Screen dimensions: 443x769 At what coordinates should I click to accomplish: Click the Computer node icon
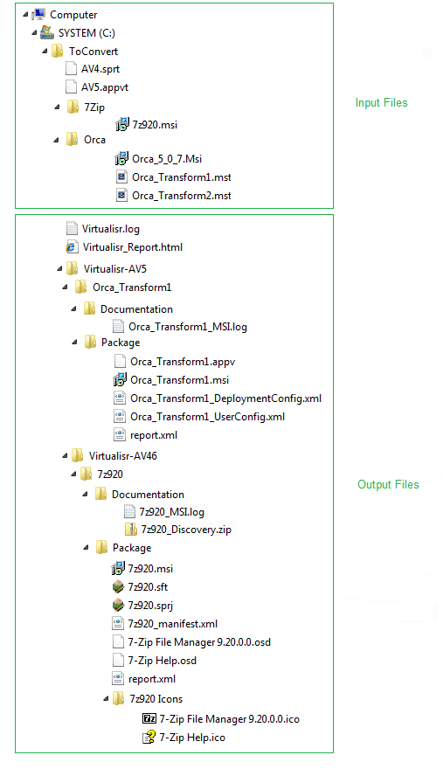click(38, 15)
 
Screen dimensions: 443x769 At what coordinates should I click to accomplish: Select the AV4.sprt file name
click(100, 69)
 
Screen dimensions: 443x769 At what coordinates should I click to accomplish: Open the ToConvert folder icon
click(58, 51)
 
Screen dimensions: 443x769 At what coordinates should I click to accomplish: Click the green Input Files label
click(381, 102)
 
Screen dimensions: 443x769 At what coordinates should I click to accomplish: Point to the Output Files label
click(388, 484)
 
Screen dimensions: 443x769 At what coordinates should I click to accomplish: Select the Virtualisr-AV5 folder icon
click(73, 268)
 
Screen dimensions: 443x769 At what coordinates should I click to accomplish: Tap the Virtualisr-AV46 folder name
click(122, 456)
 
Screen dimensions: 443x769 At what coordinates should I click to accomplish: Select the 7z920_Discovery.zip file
click(186, 530)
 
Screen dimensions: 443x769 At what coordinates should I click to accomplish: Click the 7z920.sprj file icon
click(118, 606)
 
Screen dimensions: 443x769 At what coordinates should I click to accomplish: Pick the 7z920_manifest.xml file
click(173, 624)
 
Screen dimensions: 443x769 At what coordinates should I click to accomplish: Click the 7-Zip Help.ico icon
click(149, 738)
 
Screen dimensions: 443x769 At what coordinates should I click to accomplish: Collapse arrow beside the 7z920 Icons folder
click(106, 698)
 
